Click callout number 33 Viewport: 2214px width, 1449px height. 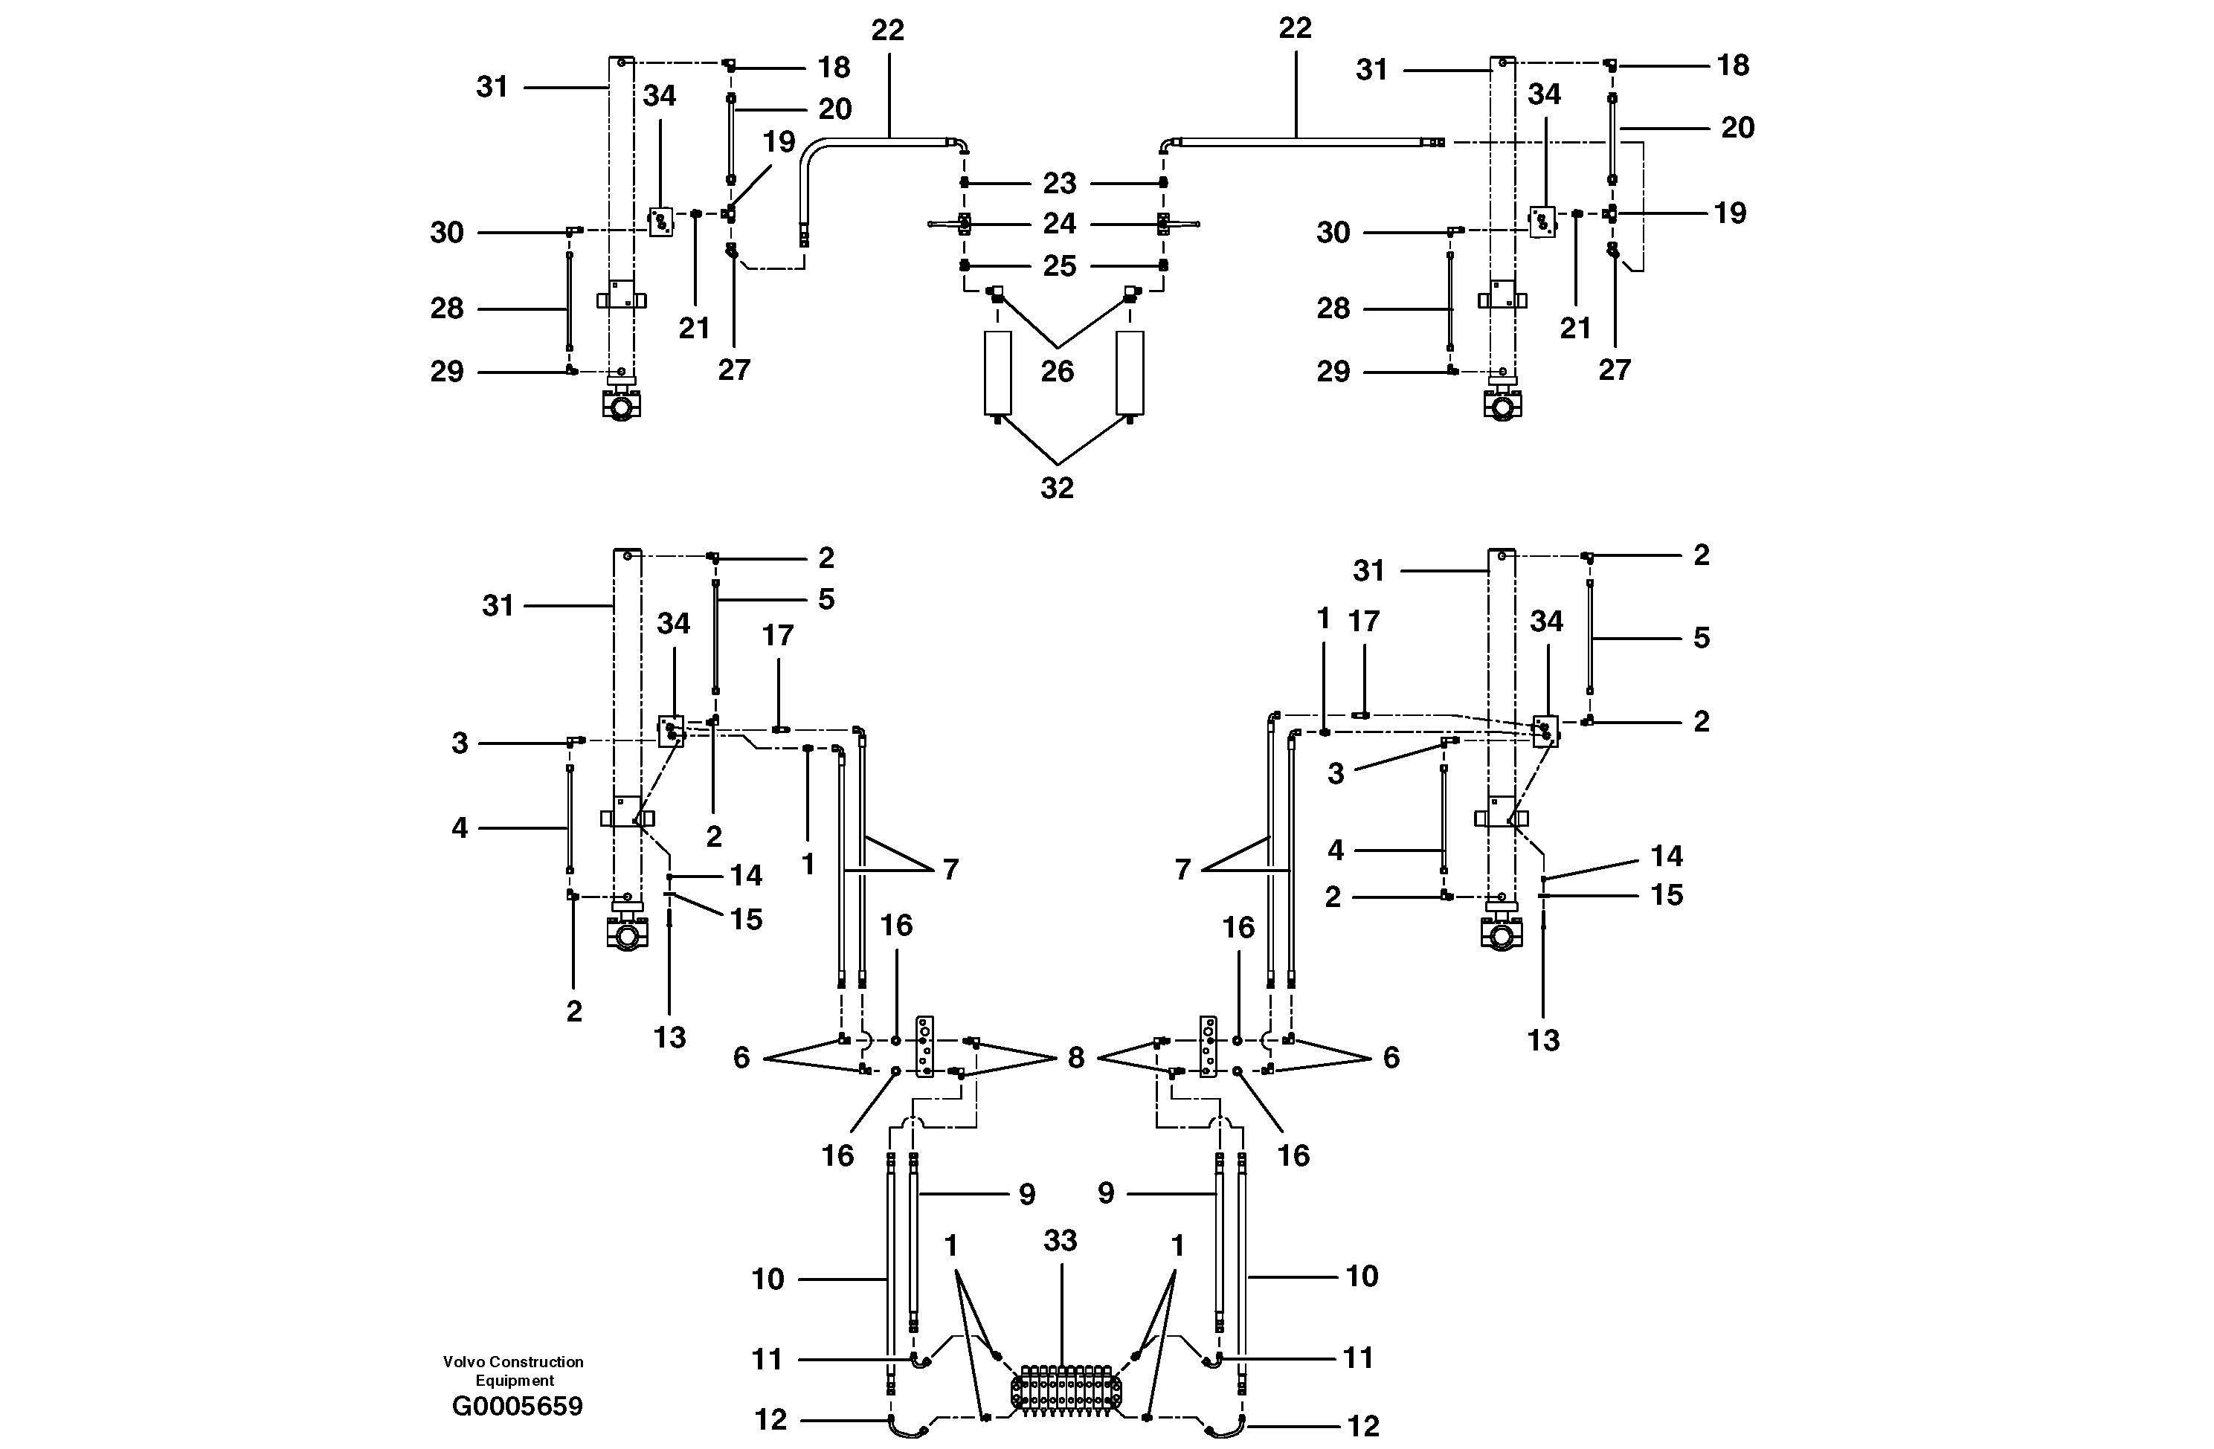1060,1241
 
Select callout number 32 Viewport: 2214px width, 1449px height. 1057,488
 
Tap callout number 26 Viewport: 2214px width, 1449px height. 1057,371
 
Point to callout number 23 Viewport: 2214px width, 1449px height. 1060,183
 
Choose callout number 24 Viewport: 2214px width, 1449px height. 1060,223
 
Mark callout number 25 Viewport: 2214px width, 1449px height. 1060,266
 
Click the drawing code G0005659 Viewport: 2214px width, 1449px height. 517,1406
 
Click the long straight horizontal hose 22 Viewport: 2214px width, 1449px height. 1302,142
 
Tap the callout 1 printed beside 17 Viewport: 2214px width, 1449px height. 1323,619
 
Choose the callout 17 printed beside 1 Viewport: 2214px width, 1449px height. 1364,622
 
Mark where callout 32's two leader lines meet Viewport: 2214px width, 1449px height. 1057,463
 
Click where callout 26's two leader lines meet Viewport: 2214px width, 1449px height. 1058,348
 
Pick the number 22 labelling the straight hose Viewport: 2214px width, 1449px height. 1294,29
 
